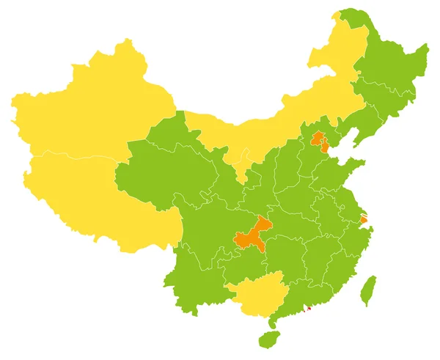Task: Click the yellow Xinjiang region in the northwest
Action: (x=88, y=110)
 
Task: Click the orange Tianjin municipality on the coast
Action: (x=325, y=146)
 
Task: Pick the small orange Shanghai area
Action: (x=364, y=219)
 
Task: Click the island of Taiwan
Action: (x=368, y=290)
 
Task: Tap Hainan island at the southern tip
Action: (x=269, y=339)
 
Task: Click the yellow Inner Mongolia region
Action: (x=279, y=117)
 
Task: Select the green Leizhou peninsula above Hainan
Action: (x=273, y=320)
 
